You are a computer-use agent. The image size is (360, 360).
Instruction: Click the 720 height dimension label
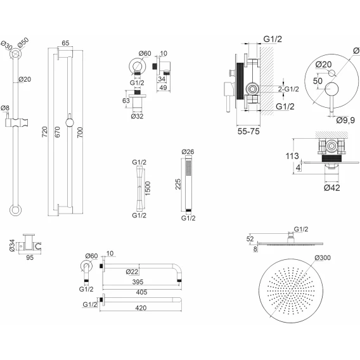coord(45,132)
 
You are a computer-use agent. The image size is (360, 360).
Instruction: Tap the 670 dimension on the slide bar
coord(58,132)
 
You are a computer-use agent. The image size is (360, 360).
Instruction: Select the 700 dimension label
coord(80,132)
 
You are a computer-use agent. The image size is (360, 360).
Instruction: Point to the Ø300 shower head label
coord(323,257)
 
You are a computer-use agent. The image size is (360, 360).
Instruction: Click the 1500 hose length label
coord(148,188)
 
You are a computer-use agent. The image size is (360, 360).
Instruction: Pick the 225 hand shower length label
coord(178,184)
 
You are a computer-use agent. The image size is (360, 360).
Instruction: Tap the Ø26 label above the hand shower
coord(188,151)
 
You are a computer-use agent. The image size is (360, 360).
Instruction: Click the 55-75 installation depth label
coord(248,131)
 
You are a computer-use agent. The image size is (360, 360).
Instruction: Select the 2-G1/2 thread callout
coord(288,89)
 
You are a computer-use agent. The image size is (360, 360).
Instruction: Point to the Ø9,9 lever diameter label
coord(345,120)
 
